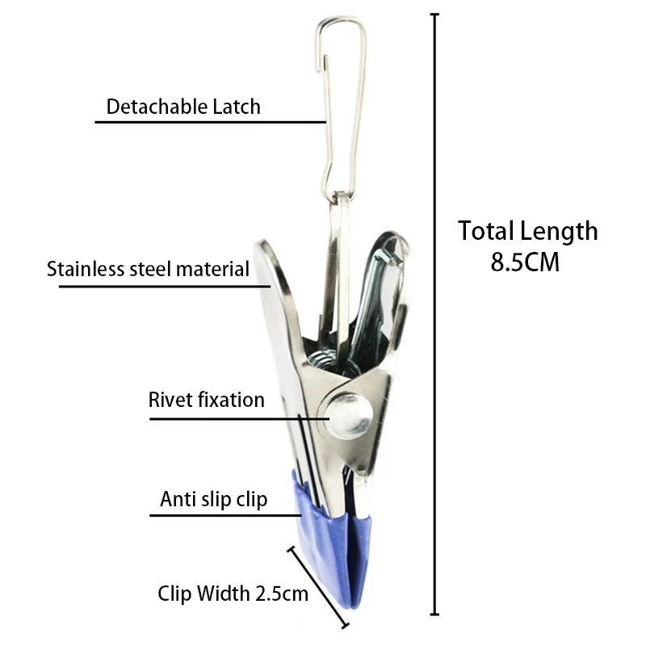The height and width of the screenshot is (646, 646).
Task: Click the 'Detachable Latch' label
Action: [183, 107]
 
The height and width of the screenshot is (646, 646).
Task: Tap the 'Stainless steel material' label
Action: [148, 269]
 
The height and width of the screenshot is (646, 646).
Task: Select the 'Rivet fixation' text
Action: [206, 400]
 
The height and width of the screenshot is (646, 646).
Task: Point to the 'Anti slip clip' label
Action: [213, 500]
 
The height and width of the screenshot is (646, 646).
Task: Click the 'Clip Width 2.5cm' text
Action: [233, 595]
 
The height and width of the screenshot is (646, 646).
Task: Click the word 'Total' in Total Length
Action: [488, 232]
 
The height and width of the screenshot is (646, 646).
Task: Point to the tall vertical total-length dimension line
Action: [437, 323]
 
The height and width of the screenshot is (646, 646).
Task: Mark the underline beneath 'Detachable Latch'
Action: [210, 122]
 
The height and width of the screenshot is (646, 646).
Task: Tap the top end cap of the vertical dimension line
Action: [437, 15]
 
